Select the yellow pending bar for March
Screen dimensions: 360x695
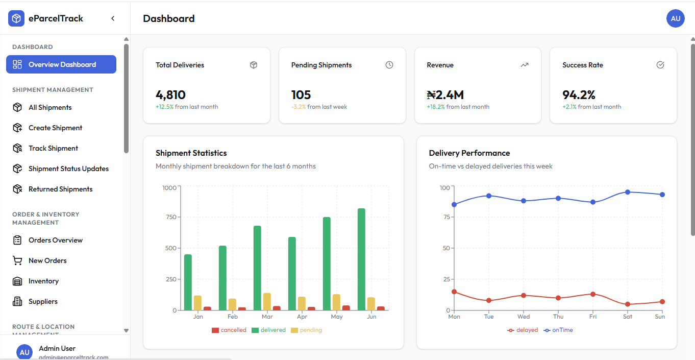point(267,302)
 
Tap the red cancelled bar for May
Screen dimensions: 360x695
point(346,308)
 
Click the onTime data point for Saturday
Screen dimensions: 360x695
point(628,192)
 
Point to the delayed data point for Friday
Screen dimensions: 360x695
point(593,294)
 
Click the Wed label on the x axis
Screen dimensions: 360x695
point(524,317)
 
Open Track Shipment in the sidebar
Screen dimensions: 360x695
point(53,148)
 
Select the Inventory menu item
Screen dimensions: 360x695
point(43,281)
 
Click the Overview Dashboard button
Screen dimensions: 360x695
point(61,64)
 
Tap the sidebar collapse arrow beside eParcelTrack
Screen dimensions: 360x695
point(113,18)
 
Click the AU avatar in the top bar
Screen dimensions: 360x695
point(675,18)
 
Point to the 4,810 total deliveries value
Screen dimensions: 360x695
point(170,95)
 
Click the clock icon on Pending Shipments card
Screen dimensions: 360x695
point(389,65)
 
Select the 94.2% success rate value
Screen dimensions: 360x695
point(579,95)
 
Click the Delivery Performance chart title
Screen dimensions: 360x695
point(469,153)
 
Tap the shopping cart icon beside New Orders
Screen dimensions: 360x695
point(17,260)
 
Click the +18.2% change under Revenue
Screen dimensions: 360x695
point(436,107)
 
